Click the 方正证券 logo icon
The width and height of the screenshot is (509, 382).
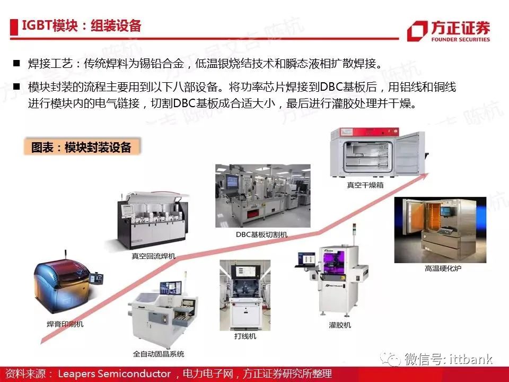[417, 31]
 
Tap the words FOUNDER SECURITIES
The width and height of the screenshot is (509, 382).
[460, 40]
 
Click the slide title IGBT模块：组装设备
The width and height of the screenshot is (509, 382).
[82, 25]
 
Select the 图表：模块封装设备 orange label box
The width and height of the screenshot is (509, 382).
[82, 147]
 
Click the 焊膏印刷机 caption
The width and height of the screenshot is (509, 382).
[65, 324]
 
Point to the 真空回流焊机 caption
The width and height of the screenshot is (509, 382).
[154, 256]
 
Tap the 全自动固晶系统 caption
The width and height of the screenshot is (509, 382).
[159, 354]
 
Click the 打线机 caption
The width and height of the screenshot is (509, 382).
[245, 336]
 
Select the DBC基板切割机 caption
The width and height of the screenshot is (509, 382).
[261, 234]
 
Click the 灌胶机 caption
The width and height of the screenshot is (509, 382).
[340, 325]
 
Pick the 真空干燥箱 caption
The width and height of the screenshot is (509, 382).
[365, 185]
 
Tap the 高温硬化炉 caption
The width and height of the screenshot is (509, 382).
[443, 268]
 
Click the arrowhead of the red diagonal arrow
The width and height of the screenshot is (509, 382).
[424, 176]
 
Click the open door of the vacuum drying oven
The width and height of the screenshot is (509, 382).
[410, 153]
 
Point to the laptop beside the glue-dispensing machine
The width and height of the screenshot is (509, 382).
[306, 260]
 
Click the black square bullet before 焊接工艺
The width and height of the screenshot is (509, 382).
[16, 63]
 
